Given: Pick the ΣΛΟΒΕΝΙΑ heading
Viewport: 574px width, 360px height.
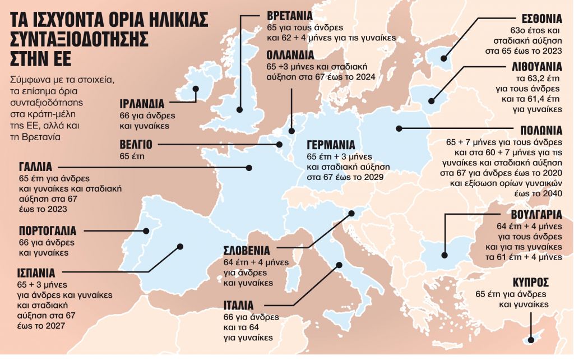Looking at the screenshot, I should click(247, 250).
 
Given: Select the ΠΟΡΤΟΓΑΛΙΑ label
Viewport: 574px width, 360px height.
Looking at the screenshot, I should click(48, 230).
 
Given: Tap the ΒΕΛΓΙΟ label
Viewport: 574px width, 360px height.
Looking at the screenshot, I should click(136, 144).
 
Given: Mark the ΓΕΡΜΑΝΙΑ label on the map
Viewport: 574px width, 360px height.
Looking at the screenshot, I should click(335, 142).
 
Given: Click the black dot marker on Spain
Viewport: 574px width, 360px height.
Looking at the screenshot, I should click(180, 246).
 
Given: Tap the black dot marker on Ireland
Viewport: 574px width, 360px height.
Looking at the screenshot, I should click(196, 89).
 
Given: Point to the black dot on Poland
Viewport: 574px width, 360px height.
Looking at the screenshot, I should click(399, 128).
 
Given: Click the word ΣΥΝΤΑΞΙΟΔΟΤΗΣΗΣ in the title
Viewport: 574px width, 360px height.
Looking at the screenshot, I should click(79, 39).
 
